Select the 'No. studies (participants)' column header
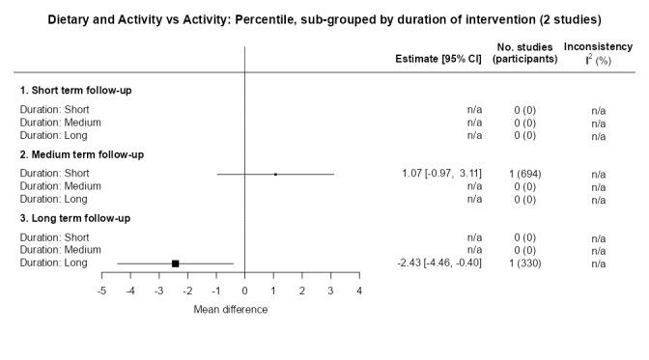click(x=524, y=52)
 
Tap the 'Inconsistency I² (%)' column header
click(x=598, y=52)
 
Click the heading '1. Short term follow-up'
click(x=76, y=90)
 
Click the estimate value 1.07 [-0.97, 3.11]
click(x=441, y=174)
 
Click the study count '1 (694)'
click(x=524, y=174)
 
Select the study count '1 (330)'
click(x=524, y=263)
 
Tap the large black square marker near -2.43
click(x=176, y=263)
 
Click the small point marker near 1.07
click(x=275, y=174)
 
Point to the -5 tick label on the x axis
click(x=100, y=291)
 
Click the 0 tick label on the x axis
click(x=245, y=291)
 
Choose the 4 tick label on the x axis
click(x=359, y=291)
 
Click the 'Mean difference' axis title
click(x=231, y=310)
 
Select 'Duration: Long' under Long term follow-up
click(x=54, y=263)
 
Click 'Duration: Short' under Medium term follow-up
click(x=55, y=174)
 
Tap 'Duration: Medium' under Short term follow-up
click(x=61, y=123)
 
